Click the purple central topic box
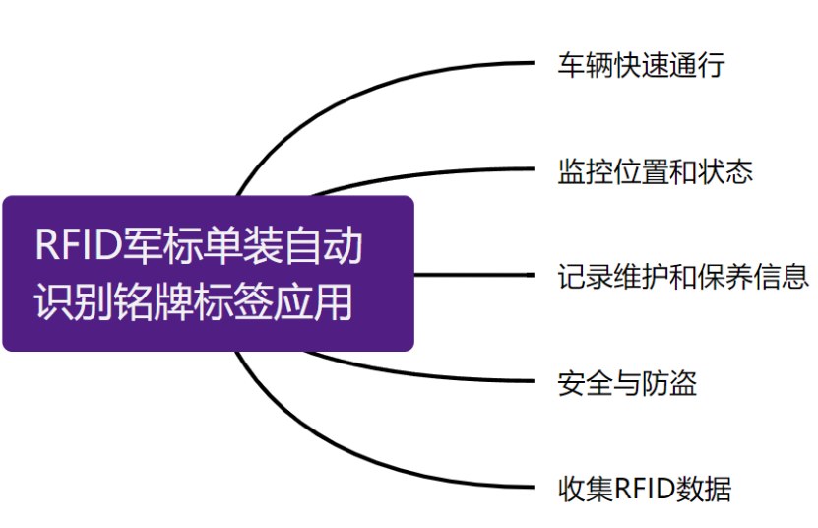tap(207, 273)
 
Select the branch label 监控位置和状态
tap(655, 171)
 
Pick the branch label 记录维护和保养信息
tap(682, 276)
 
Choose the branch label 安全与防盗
tap(627, 382)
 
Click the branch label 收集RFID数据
tap(644, 488)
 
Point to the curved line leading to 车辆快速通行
tap(325, 99)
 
